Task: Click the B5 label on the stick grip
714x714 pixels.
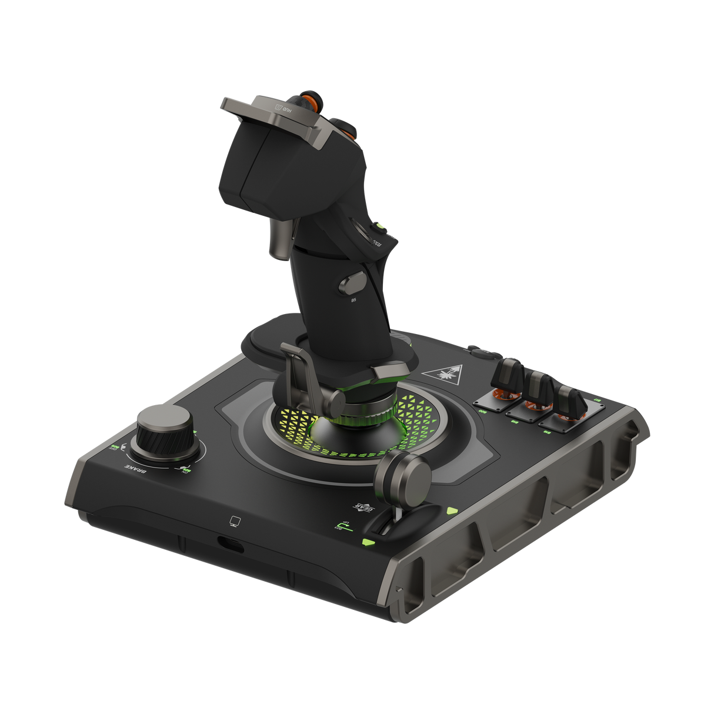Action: [353, 300]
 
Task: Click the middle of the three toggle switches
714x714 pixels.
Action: [539, 388]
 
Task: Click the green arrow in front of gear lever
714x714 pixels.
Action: [368, 542]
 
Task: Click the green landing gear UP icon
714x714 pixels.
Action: [339, 525]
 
